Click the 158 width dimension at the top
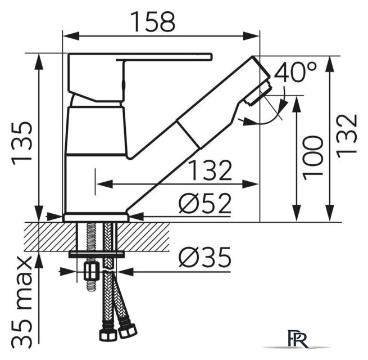(153, 22)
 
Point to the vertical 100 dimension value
(312, 158)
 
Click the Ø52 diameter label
(205, 203)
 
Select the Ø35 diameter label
(205, 257)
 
